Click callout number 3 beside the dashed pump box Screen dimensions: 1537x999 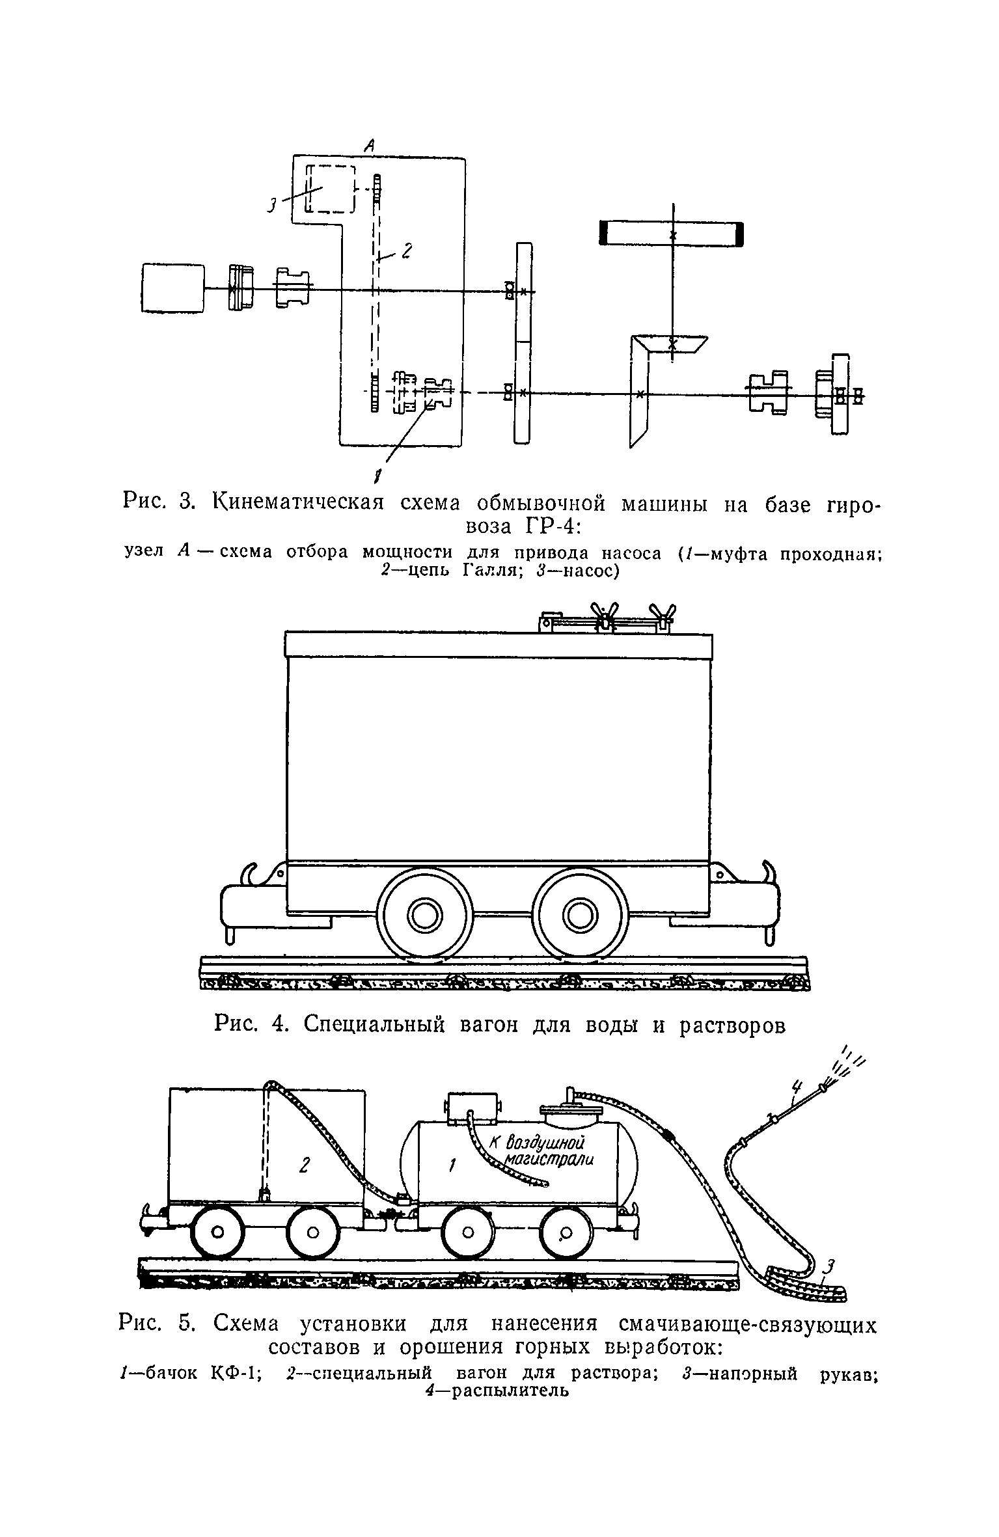(x=271, y=205)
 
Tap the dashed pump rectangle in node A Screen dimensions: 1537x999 (x=331, y=189)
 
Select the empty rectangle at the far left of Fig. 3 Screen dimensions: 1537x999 (x=172, y=288)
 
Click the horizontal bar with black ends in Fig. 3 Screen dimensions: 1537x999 (x=671, y=234)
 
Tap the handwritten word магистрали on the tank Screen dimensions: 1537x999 (x=551, y=1160)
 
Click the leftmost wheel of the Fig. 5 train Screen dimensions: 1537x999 (x=218, y=1232)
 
